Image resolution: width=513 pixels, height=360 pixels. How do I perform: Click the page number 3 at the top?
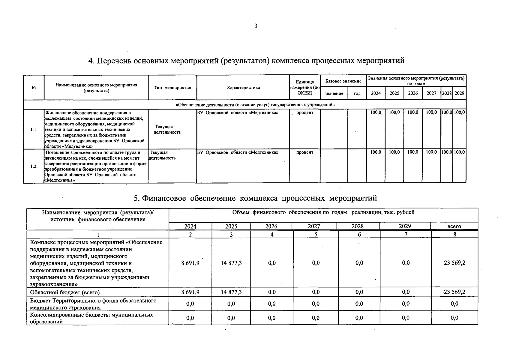256,26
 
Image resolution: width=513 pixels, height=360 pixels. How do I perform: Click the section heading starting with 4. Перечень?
246,61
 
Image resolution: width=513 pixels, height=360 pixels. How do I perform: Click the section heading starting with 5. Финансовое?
255,198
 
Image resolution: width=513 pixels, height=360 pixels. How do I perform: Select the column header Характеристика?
243,88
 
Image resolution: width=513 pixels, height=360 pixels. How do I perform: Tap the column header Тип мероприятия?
172,88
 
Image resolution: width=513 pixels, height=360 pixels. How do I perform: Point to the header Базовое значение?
343,81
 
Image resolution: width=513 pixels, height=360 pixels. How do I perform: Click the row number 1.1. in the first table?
34,130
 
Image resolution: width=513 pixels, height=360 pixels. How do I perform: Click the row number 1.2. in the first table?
34,166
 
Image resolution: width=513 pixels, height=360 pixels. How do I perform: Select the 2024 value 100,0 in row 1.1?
375,112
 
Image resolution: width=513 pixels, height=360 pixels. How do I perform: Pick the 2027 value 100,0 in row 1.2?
431,152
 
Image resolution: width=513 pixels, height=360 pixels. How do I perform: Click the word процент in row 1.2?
304,152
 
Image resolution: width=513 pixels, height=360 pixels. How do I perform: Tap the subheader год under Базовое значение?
357,94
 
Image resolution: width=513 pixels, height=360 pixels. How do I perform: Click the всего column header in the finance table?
454,226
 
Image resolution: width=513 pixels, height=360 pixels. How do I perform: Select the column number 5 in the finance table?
316,235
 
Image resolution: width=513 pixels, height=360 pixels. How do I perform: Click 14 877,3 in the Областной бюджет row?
231,292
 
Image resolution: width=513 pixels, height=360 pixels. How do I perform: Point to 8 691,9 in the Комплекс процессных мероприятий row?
190,263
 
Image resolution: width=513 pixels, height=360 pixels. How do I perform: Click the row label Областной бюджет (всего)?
65,292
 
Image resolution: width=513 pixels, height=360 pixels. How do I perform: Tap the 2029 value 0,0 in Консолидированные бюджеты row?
406,318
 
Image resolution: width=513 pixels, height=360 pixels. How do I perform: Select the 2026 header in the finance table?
271,226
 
